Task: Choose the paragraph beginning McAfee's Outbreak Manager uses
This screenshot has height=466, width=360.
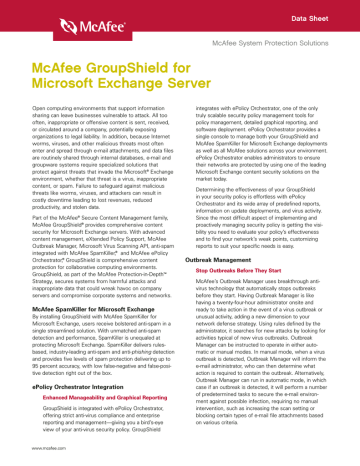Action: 264,369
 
